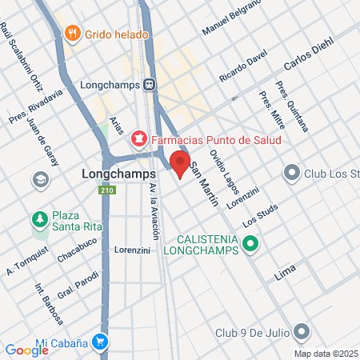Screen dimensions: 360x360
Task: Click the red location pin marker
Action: point(180,165)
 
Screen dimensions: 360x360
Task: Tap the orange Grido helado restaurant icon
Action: point(73,33)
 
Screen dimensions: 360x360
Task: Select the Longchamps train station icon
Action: point(150,84)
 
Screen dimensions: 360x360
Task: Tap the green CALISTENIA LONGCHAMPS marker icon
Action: point(250,244)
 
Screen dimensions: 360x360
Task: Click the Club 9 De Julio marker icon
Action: point(302,330)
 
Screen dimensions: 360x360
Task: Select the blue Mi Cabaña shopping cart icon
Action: point(99,342)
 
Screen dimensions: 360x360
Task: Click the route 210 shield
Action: point(106,190)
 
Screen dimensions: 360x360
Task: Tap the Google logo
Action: point(26,349)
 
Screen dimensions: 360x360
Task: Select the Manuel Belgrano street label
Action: point(232,18)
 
